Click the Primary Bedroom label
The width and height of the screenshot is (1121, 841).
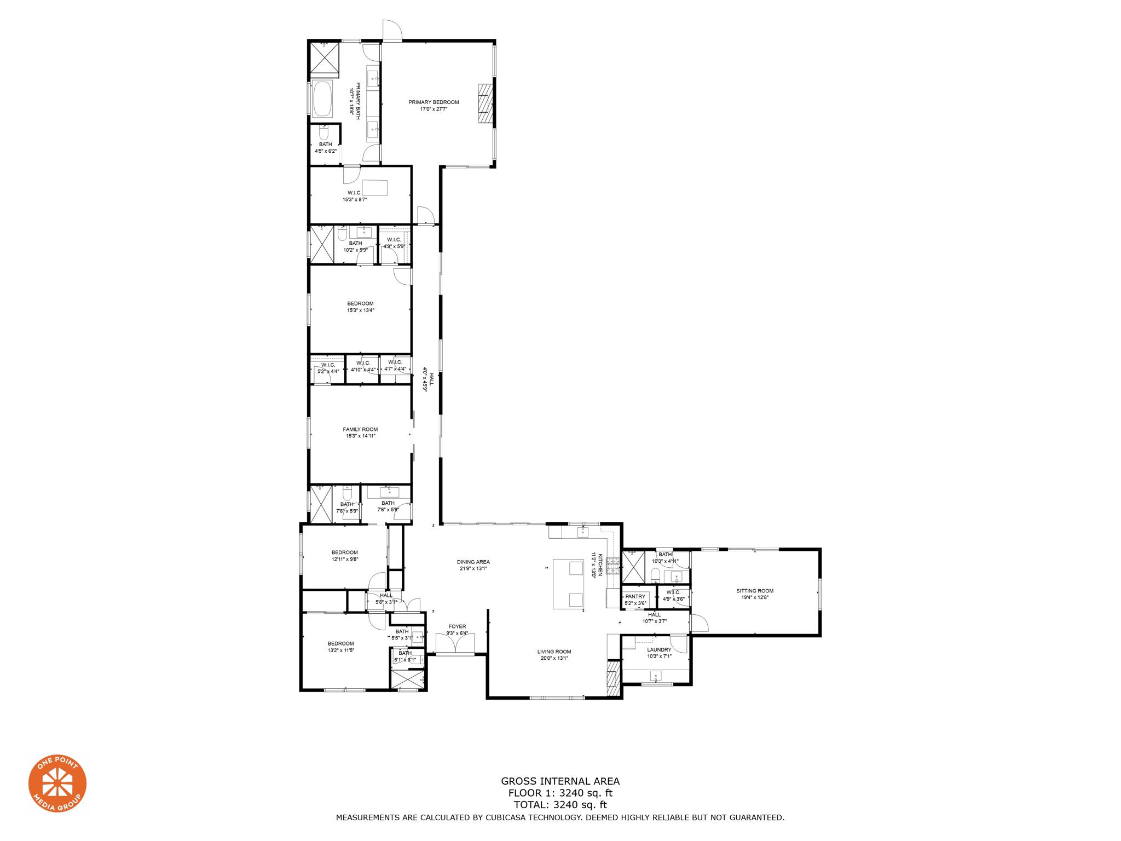pyautogui.click(x=434, y=102)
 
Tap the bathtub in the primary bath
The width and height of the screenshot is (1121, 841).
pyautogui.click(x=322, y=99)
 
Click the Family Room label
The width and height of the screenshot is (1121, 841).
pyautogui.click(x=360, y=429)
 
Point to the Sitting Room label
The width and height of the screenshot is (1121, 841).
pyautogui.click(x=755, y=591)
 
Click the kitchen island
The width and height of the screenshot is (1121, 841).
pyautogui.click(x=569, y=584)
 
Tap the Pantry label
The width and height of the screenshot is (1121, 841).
pyautogui.click(x=635, y=597)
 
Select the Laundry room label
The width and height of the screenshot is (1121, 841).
pyautogui.click(x=659, y=650)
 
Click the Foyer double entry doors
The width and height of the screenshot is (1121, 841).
pyautogui.click(x=455, y=644)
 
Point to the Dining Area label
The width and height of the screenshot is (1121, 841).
pyautogui.click(x=473, y=562)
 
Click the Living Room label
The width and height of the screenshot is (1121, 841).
pyautogui.click(x=554, y=652)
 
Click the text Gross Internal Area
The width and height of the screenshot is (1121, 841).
pyautogui.click(x=560, y=781)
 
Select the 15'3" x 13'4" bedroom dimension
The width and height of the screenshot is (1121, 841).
pyautogui.click(x=360, y=310)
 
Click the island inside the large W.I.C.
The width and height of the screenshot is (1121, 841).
pyautogui.click(x=374, y=188)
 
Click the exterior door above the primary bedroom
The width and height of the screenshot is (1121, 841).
pyautogui.click(x=392, y=30)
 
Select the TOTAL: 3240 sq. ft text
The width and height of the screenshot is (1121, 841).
pyautogui.click(x=560, y=805)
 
